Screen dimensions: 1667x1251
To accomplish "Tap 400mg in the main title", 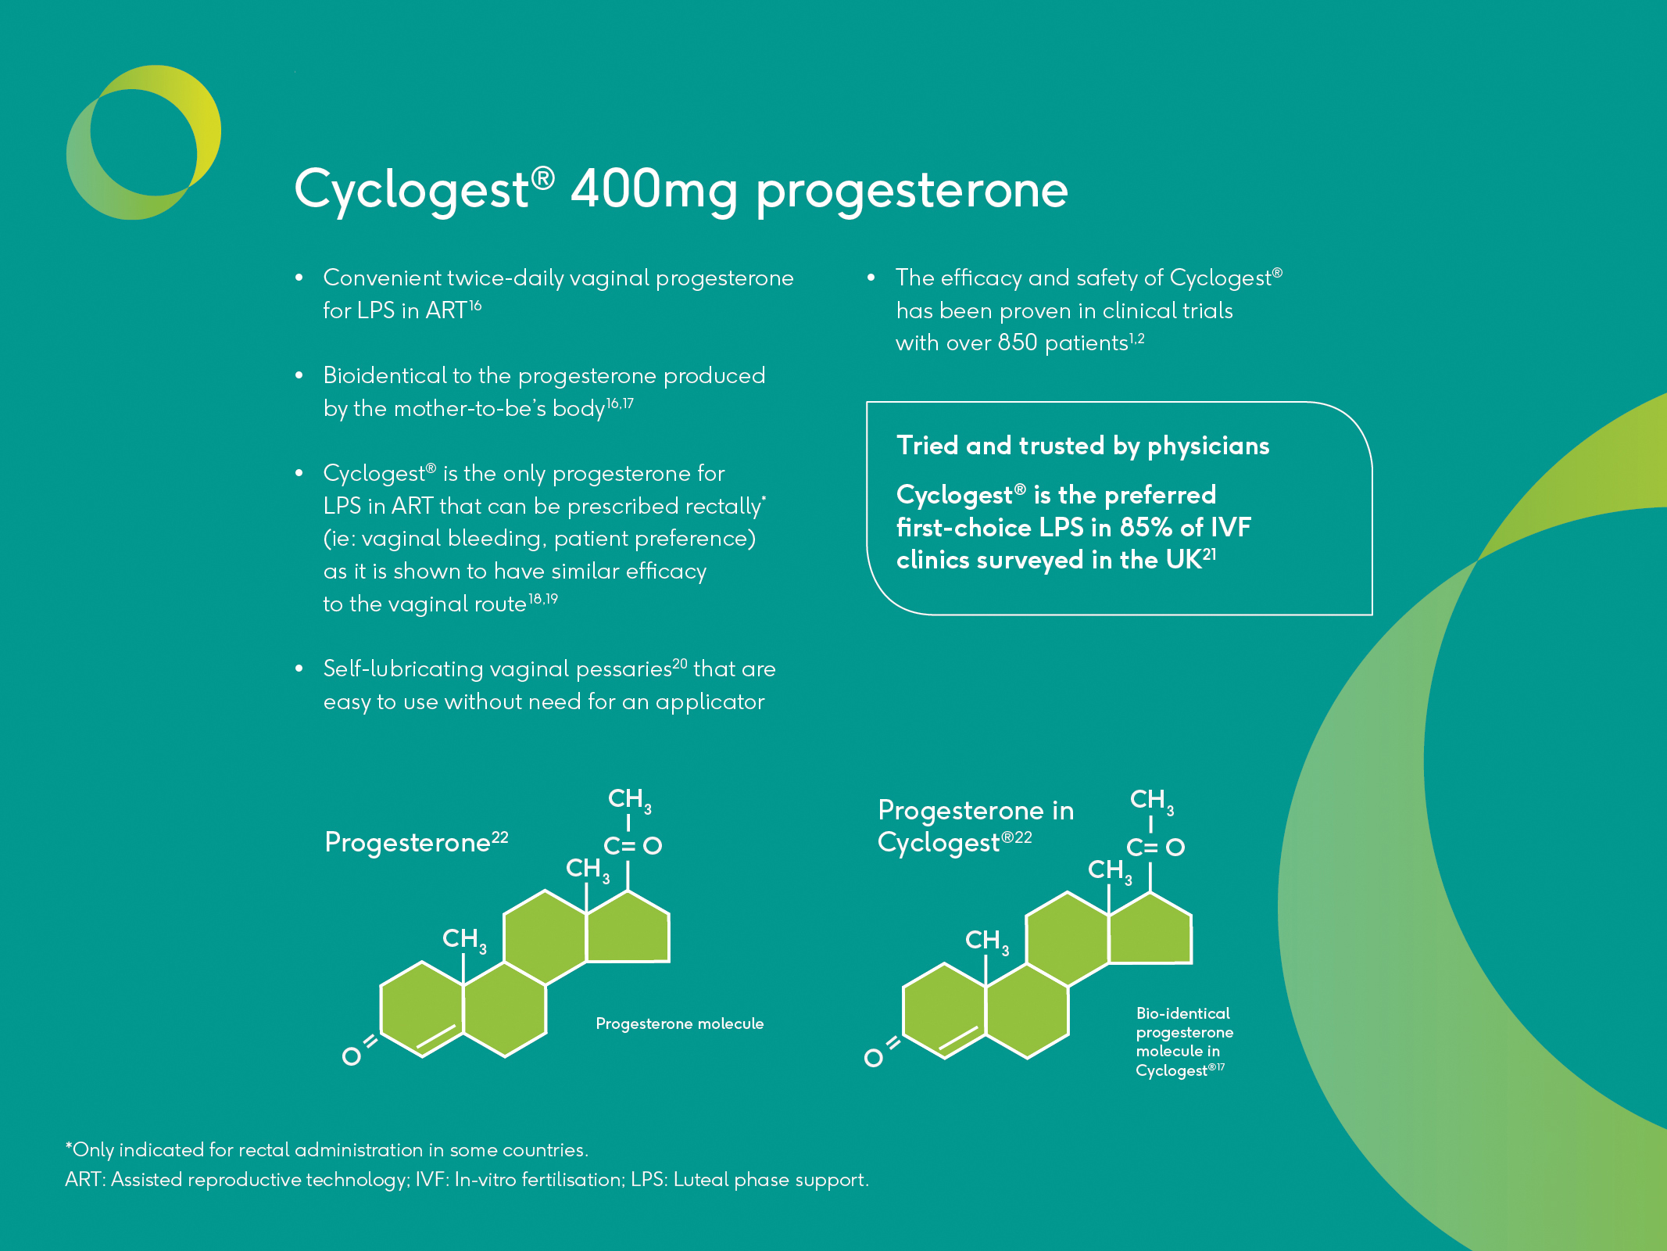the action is point(654,190).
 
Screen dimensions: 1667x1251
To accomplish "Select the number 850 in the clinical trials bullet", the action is point(1017,342).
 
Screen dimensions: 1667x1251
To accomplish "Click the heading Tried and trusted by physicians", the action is point(1082,446).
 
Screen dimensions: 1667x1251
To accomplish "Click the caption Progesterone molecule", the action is point(679,1023).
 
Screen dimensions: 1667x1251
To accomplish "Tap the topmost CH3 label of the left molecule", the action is point(629,800).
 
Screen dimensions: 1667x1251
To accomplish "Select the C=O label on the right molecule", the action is point(1155,848).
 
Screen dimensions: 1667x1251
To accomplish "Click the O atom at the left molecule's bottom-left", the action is point(352,1056).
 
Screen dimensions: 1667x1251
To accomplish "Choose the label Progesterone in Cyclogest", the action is point(975,826).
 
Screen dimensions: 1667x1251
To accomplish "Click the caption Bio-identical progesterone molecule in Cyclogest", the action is point(1185,1041).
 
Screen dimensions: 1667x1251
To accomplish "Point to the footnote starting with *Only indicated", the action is point(327,1150).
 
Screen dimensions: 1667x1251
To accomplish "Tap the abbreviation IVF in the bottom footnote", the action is point(431,1179).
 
